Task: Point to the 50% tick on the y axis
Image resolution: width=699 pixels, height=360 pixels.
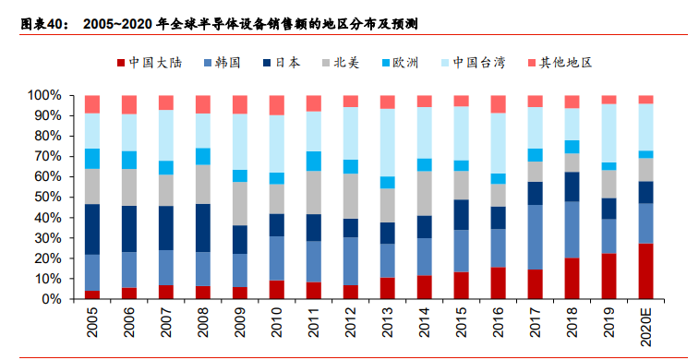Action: coord(44,197)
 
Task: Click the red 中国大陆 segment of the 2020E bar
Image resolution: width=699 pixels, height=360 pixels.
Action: coord(645,271)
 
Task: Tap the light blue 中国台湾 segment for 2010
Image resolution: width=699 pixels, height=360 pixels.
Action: coord(277,144)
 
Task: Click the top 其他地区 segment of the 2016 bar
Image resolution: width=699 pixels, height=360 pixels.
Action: coord(499,103)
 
